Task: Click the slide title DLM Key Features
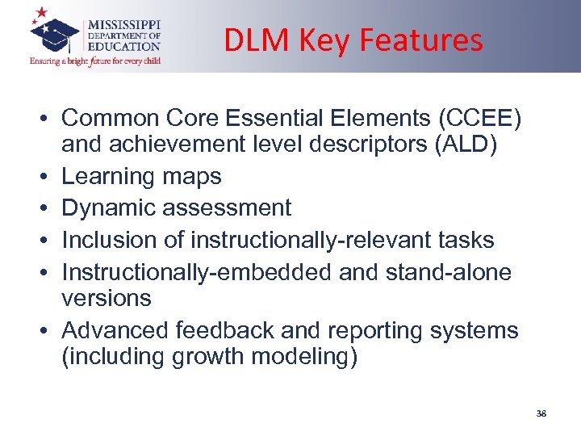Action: (x=353, y=40)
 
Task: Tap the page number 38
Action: (x=541, y=413)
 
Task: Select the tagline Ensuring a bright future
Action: (x=95, y=61)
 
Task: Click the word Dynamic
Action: (x=109, y=208)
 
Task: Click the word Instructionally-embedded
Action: (x=197, y=272)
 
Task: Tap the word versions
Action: (x=107, y=298)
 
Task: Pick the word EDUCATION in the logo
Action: (x=129, y=48)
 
